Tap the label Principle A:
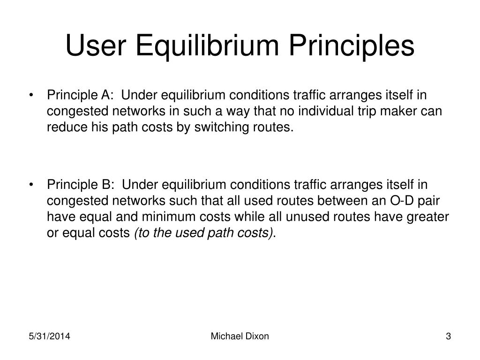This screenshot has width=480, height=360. [x=80, y=95]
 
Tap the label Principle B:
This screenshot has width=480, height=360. [x=80, y=185]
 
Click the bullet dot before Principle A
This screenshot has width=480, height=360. [x=31, y=96]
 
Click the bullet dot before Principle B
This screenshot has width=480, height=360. [x=31, y=185]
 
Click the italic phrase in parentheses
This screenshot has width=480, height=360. [x=203, y=233]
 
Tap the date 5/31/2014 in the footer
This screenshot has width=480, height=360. [x=50, y=336]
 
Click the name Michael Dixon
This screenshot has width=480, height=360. [x=240, y=336]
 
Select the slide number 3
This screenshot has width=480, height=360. [x=448, y=336]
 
